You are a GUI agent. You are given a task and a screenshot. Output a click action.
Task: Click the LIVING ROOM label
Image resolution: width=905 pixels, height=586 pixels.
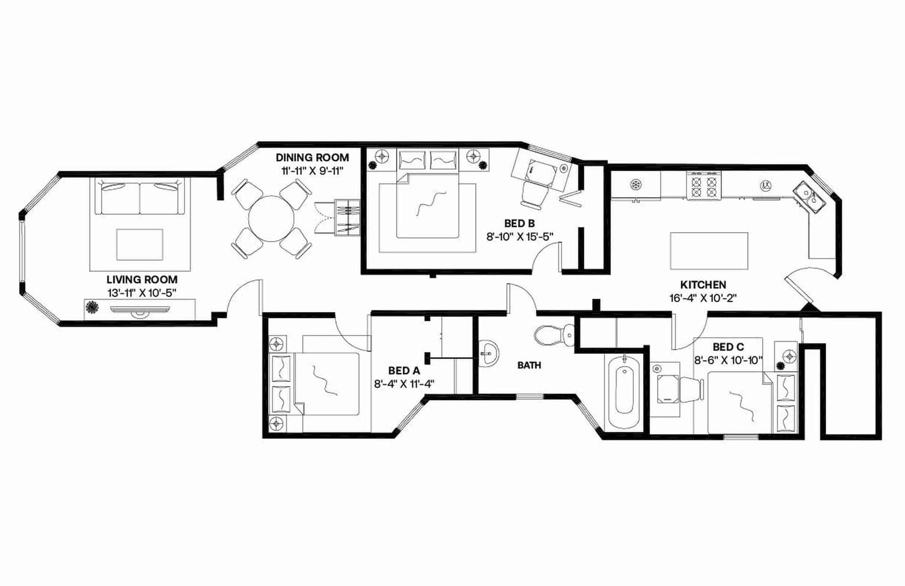[141, 280]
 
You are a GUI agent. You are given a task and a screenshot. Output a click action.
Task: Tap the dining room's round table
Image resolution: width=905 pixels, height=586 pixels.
[271, 219]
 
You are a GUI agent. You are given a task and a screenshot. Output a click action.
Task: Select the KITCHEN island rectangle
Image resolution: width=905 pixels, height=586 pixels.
[709, 251]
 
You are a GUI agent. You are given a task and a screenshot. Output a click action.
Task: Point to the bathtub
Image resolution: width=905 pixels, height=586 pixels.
[625, 391]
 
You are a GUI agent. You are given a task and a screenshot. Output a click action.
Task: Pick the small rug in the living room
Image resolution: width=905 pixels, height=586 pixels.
[140, 244]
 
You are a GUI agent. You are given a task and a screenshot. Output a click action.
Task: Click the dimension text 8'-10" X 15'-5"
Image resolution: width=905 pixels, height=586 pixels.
[519, 236]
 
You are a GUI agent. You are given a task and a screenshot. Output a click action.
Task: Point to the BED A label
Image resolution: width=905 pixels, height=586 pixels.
[404, 371]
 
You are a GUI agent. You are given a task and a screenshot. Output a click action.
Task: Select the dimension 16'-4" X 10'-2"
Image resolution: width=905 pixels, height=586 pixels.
[703, 298]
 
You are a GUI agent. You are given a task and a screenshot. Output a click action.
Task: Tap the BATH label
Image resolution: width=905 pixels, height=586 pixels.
[529, 365]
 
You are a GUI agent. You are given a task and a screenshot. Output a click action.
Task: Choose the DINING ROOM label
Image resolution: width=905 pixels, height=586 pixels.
[312, 158]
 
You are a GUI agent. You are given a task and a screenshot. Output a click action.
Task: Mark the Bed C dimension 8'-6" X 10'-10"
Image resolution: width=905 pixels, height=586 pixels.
[728, 360]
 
